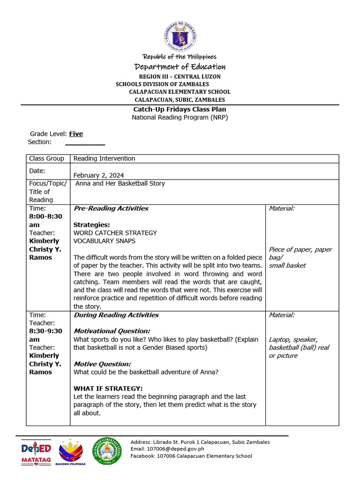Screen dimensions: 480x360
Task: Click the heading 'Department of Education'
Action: click(180, 67)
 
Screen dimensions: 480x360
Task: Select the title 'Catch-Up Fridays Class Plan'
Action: click(180, 109)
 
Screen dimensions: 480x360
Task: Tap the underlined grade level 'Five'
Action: click(76, 134)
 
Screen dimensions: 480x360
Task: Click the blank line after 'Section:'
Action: click(85, 142)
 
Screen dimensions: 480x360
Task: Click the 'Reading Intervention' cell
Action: click(104, 158)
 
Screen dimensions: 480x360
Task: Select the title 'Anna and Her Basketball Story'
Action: click(120, 183)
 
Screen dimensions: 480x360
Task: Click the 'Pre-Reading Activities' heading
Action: click(111, 208)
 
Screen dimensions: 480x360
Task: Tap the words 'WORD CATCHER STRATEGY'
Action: click(115, 232)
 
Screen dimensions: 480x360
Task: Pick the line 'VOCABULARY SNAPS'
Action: click(105, 241)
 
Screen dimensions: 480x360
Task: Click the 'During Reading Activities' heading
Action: click(116, 315)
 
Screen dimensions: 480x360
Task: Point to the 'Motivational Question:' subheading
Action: click(112, 331)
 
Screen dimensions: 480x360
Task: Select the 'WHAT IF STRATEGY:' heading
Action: click(108, 388)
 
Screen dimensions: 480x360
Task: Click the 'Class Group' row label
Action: click(46, 158)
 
